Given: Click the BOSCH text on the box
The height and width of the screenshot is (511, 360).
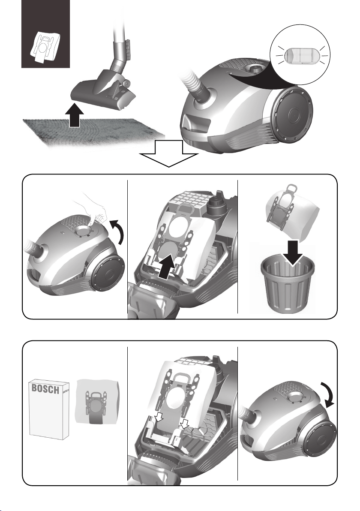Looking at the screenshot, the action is coord(45,389).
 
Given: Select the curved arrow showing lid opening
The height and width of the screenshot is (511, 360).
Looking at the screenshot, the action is coord(117,231).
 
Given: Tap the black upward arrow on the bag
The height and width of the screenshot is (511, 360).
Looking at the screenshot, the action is coord(168,267).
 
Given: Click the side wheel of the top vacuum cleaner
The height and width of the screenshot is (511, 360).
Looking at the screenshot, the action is coord(291,114).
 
